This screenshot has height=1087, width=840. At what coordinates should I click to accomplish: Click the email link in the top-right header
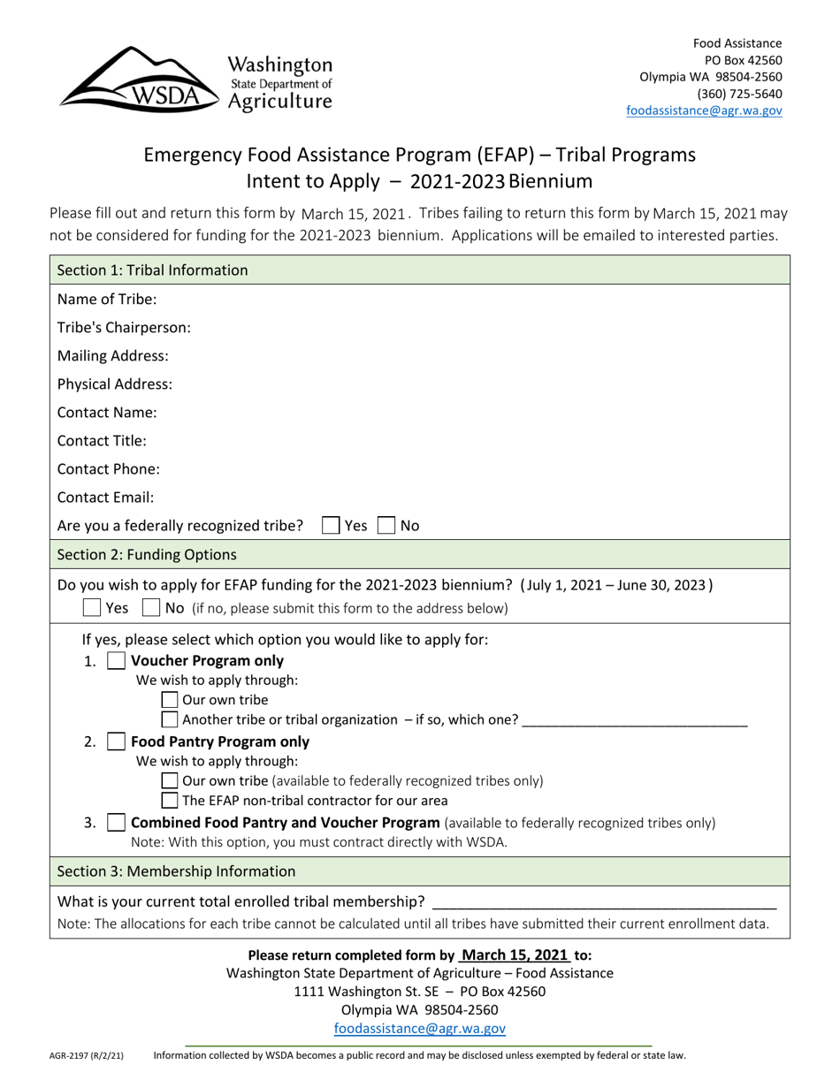(x=704, y=110)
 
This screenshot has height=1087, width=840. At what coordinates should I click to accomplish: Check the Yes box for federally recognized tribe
(x=331, y=525)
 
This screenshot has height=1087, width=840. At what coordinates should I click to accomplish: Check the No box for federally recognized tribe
(x=386, y=525)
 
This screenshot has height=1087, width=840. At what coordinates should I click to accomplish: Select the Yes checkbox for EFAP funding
(x=91, y=608)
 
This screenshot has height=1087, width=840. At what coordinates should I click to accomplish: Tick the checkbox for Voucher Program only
(x=116, y=661)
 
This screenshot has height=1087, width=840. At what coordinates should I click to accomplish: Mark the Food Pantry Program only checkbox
(x=116, y=741)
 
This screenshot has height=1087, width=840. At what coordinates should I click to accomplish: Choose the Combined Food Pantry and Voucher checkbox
(x=116, y=823)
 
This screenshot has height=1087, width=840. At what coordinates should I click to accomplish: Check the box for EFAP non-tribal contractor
(x=171, y=801)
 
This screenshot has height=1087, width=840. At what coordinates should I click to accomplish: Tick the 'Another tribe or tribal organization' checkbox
(x=171, y=719)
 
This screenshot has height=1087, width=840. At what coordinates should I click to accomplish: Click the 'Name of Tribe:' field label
(x=107, y=299)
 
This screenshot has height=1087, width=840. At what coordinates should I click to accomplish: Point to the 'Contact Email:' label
(x=105, y=497)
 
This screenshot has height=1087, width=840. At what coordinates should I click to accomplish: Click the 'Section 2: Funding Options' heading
(x=147, y=555)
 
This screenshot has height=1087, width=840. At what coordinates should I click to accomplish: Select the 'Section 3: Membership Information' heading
(x=176, y=871)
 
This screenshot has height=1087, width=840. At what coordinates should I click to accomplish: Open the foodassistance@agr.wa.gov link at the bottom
(x=419, y=1028)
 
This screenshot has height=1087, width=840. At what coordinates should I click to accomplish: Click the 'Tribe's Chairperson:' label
(x=124, y=327)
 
